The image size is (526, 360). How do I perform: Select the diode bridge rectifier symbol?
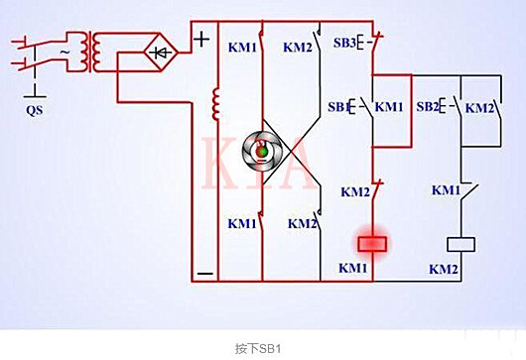[x=160, y=51]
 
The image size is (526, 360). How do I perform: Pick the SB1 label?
[x=340, y=106]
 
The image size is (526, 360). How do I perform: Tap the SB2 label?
[x=429, y=106]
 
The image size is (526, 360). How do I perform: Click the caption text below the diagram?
[x=262, y=348]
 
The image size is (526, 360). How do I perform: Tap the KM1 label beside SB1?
[x=389, y=106]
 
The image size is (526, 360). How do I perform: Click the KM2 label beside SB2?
[x=480, y=106]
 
